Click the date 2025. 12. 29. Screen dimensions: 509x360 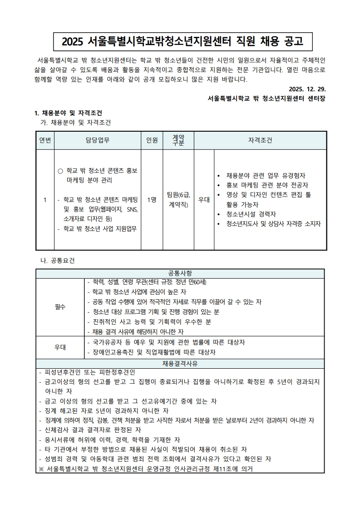pos(307,89)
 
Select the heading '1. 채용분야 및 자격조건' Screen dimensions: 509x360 pos(68,113)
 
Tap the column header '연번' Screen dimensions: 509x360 pos(45,140)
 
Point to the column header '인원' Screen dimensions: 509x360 pos(152,140)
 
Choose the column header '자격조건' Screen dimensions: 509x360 pos(260,140)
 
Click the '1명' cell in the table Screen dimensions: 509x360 pos(152,199)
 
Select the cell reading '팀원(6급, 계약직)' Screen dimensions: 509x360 pos(178,199)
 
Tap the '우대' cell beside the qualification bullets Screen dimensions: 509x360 pos(204,199)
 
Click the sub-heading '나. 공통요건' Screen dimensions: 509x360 pos(58,261)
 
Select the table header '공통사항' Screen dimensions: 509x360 pos(180,273)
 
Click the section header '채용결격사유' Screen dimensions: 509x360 pos(180,364)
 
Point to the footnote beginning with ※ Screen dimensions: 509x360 pos(145,468)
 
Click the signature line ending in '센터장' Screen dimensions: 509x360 pos(267,98)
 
